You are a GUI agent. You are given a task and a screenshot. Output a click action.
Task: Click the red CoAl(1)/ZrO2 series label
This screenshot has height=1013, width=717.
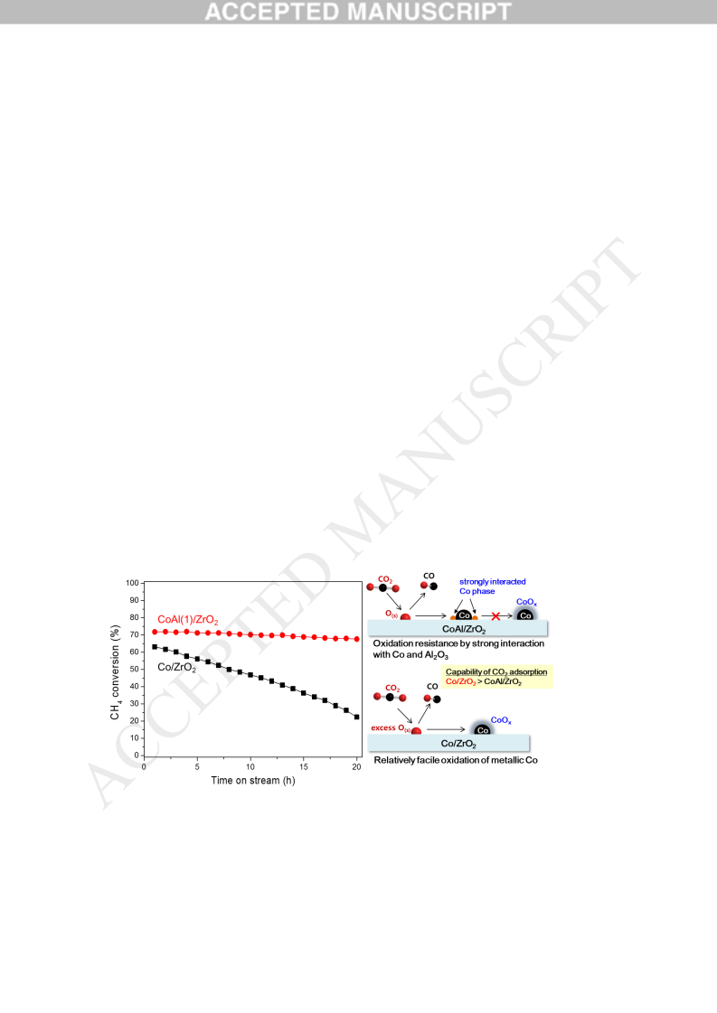(188, 620)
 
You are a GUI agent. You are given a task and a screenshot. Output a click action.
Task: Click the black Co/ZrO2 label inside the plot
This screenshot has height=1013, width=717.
(176, 668)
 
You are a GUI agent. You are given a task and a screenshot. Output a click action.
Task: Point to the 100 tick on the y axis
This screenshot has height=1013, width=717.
(133, 583)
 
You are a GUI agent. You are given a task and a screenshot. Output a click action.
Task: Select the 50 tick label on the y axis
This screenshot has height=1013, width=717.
(135, 669)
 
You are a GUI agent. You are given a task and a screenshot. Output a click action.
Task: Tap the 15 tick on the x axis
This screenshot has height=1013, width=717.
(304, 767)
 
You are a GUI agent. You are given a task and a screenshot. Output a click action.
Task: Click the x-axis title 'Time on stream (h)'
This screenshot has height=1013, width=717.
(253, 781)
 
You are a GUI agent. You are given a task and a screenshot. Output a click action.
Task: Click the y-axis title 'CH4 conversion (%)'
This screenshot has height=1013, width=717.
(115, 672)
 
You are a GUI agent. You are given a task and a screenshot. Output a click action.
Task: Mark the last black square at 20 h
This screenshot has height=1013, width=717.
(357, 718)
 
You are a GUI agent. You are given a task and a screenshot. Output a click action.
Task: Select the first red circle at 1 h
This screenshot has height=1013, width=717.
(155, 632)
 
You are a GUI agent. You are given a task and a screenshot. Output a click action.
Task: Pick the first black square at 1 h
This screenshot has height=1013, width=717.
(155, 647)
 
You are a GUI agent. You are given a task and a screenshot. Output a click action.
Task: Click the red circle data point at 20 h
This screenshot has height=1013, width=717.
(357, 639)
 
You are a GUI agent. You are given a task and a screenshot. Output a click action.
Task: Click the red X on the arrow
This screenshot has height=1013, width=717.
(495, 616)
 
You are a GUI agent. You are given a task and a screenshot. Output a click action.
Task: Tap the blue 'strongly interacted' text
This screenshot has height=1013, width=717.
(493, 581)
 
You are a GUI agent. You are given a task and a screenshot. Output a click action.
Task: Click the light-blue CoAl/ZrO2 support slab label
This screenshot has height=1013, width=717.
(464, 629)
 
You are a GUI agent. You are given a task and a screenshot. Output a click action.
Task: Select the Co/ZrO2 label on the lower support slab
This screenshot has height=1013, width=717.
(458, 745)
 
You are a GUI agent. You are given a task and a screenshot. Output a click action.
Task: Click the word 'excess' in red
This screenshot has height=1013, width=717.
(382, 727)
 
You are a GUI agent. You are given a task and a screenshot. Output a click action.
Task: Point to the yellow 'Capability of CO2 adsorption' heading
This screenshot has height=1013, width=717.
(496, 672)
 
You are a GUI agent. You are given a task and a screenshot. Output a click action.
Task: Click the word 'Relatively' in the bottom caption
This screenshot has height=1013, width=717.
(393, 760)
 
